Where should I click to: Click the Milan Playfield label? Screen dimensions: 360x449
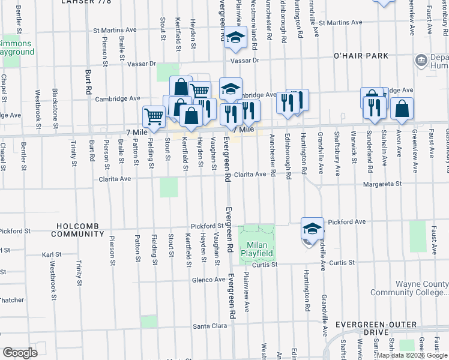(258, 249)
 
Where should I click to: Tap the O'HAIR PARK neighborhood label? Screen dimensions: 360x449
(361, 56)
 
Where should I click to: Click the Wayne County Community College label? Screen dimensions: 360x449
(409, 288)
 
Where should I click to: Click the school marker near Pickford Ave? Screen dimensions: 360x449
(312, 229)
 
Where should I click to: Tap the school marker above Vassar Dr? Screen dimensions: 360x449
(236, 37)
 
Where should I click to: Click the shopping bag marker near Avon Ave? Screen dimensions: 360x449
(402, 109)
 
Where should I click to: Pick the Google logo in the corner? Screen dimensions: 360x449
(20, 353)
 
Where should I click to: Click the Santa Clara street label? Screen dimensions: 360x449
(209, 326)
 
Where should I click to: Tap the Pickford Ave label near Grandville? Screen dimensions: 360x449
(346, 221)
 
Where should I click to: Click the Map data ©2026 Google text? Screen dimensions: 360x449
(412, 355)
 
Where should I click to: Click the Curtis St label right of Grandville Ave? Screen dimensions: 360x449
(342, 262)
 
